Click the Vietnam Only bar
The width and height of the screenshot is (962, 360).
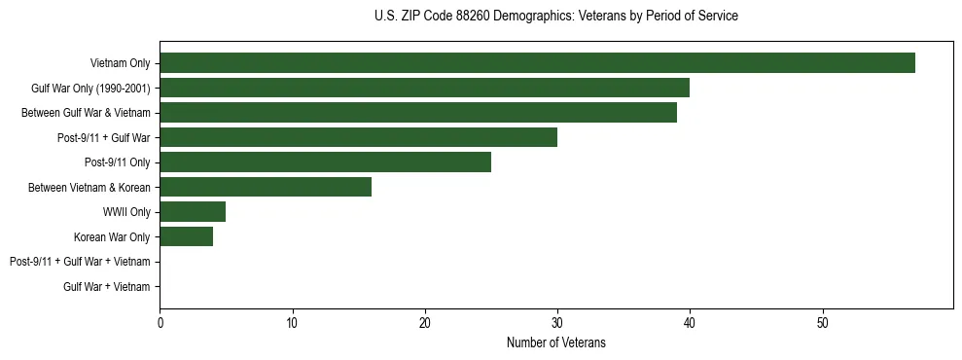537,63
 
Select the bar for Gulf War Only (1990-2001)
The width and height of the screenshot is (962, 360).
424,88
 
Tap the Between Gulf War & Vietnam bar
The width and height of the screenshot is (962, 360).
418,113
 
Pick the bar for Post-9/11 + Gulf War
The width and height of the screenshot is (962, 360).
358,137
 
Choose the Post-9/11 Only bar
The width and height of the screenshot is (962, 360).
325,162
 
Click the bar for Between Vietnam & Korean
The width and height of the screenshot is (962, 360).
266,187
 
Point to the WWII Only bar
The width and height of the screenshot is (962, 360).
193,211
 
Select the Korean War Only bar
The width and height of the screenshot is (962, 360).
186,236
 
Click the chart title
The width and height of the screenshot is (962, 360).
555,17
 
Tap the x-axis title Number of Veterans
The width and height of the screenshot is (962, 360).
555,342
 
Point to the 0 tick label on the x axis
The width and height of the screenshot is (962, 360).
160,324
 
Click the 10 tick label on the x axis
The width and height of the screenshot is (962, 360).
292,324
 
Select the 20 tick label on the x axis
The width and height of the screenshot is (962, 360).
425,324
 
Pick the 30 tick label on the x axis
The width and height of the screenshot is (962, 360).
557,324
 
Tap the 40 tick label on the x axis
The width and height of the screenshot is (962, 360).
690,324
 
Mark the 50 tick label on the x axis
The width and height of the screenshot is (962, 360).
822,324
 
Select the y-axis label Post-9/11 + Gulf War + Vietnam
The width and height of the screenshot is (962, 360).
80,262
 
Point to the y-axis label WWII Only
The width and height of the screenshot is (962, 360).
126,212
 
